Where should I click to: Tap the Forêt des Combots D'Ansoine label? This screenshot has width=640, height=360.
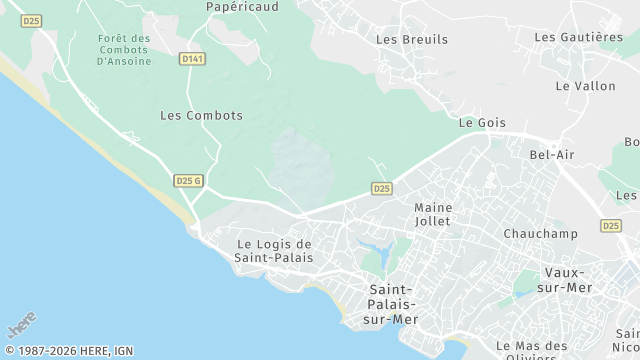click(125, 50)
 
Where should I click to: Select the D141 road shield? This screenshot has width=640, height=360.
click(193, 59)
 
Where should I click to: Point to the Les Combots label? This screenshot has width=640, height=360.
click(201, 115)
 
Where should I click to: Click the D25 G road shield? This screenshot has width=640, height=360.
click(188, 180)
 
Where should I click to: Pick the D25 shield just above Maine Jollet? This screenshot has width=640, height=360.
click(381, 188)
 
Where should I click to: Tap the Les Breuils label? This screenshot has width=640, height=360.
click(412, 40)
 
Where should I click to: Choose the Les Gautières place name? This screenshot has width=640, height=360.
click(579, 37)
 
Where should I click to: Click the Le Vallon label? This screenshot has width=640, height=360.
click(586, 86)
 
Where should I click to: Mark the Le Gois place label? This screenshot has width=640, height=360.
click(482, 123)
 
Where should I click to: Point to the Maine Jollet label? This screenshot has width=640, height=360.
click(433, 214)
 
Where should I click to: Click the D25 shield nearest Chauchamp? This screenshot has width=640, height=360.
click(612, 226)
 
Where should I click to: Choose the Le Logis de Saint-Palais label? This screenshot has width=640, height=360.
click(274, 251)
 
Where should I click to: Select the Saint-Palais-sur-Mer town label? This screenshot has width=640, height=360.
click(390, 303)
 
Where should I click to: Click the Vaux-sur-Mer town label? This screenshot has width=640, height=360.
click(569, 280)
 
